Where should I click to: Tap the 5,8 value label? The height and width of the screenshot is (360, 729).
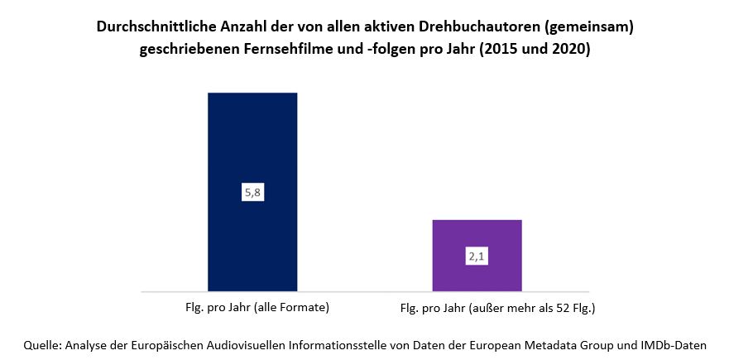point(252,192)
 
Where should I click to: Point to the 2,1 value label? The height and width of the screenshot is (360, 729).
point(477,257)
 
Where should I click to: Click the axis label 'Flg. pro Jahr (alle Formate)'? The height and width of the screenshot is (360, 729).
point(257,308)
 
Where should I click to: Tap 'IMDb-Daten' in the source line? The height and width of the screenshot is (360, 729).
point(677,344)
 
